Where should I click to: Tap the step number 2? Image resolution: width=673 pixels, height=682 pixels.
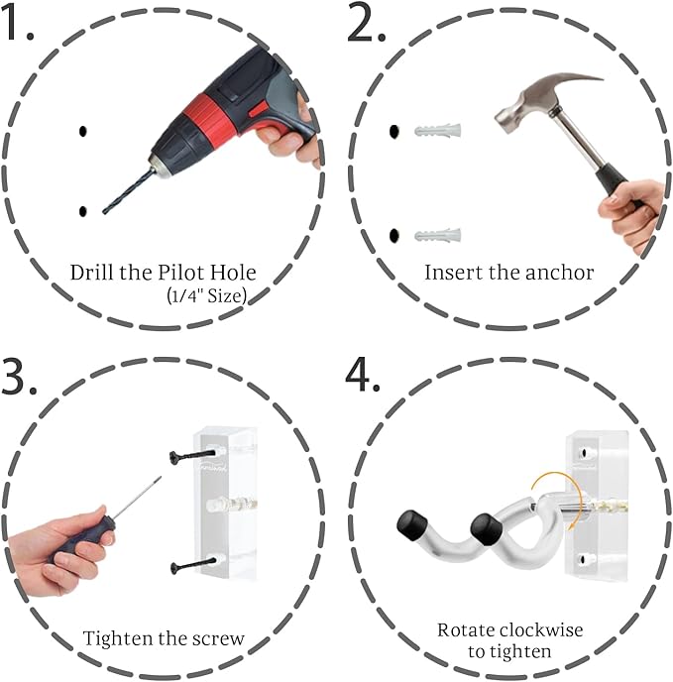(x=366, y=24)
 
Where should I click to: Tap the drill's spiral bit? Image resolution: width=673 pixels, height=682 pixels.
(x=128, y=192)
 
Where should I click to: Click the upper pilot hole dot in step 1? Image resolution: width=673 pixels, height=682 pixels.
(x=82, y=131)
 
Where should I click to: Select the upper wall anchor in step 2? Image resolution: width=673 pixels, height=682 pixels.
(x=437, y=130)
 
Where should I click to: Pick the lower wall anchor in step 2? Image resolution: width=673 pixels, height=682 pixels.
(x=437, y=235)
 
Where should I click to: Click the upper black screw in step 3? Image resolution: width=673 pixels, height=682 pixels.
(x=192, y=456)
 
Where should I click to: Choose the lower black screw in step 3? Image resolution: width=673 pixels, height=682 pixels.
(x=192, y=565)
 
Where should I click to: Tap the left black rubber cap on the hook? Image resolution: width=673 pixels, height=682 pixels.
(x=410, y=524)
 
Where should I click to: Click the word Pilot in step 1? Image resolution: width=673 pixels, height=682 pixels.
(x=181, y=273)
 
